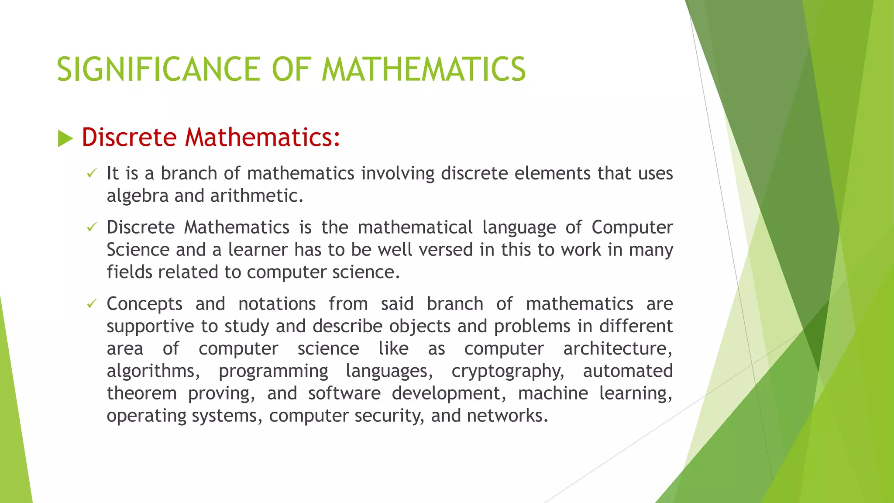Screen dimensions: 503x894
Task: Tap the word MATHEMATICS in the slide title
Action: click(x=423, y=69)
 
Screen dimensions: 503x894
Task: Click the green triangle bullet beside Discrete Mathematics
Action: click(x=65, y=139)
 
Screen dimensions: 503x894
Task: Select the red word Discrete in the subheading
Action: click(x=129, y=137)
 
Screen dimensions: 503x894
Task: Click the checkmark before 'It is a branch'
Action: click(x=91, y=174)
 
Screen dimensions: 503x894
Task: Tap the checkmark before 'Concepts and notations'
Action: click(x=91, y=303)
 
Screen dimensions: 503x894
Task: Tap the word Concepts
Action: click(x=144, y=304)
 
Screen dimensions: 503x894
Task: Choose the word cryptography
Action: click(x=508, y=371)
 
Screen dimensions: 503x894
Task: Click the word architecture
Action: click(x=617, y=348)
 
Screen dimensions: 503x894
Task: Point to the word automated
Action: click(x=628, y=371)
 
